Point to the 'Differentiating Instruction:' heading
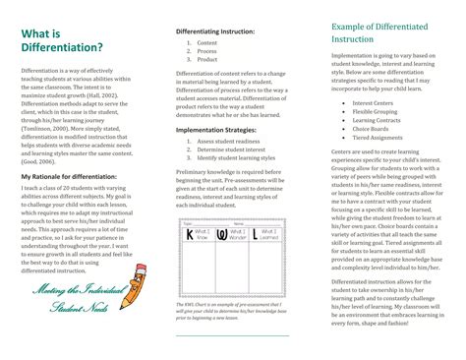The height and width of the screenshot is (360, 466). [x=214, y=31]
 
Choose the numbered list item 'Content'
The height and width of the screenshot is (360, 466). [x=207, y=43]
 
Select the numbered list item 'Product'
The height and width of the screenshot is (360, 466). [x=207, y=59]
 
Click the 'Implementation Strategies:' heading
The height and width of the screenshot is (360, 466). [x=217, y=128]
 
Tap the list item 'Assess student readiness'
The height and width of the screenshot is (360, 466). [x=228, y=142]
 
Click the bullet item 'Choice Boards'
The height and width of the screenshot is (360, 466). [x=373, y=129]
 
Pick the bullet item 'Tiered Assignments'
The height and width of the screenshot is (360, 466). [x=379, y=138]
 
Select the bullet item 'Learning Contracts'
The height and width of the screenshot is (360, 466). [x=379, y=120]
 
